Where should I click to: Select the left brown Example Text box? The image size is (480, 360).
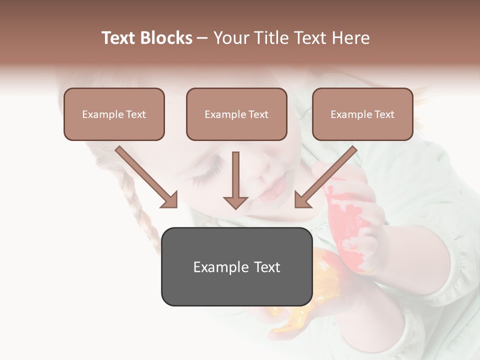click(114, 114)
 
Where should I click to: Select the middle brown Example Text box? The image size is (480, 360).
click(236, 114)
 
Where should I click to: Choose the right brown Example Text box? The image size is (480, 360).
click(362, 114)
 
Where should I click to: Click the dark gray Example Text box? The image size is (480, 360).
click(236, 267)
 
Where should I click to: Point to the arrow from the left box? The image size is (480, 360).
click(146, 177)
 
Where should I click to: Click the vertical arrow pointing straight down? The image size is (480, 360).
click(235, 180)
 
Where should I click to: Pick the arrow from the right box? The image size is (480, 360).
click(325, 177)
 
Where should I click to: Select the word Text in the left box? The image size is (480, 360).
click(136, 114)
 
